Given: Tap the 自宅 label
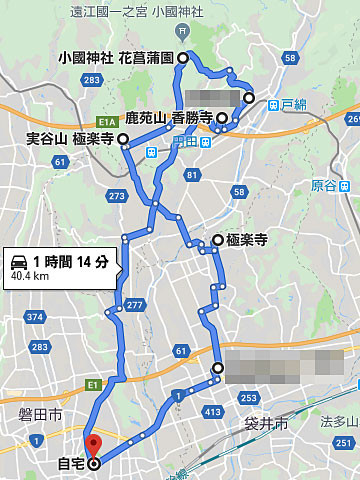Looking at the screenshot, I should tap(70, 464).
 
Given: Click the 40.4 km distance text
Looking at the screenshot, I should tap(31, 275).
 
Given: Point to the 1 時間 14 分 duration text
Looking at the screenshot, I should tap(70, 261).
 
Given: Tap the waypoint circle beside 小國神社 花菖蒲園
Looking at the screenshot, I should tap(183, 59).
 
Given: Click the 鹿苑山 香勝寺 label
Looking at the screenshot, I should tap(168, 118).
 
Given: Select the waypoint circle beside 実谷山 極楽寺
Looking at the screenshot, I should tap(123, 139).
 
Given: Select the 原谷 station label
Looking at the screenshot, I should tap(326, 185).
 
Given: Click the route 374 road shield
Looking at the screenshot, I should tap(35, 317).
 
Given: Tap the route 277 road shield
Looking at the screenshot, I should tap(134, 306).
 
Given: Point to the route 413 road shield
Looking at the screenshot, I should tap(211, 411).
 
